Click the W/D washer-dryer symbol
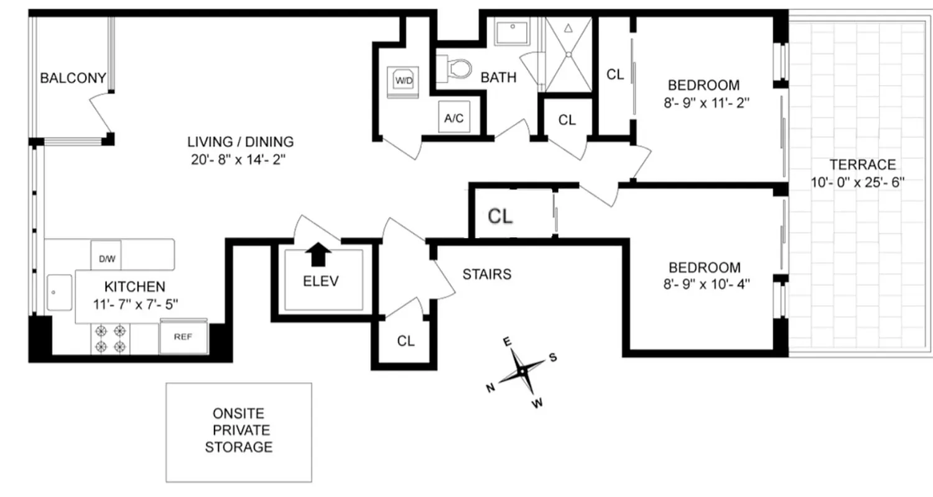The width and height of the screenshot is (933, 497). click(404, 80)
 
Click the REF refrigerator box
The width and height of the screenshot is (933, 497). click(183, 337)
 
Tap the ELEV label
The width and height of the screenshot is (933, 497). click(321, 281)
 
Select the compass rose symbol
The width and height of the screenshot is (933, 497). click(523, 372)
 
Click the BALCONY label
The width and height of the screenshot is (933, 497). click(73, 78)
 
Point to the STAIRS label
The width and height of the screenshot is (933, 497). click(487, 274)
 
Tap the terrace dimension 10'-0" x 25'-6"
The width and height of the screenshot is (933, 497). click(861, 182)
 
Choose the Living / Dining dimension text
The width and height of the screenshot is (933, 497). click(242, 158)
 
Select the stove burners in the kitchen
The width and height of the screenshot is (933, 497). click(110, 339)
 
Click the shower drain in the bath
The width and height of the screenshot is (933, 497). click(569, 55)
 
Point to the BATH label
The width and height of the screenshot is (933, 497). click(498, 78)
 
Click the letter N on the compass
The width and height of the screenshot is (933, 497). click(491, 388)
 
